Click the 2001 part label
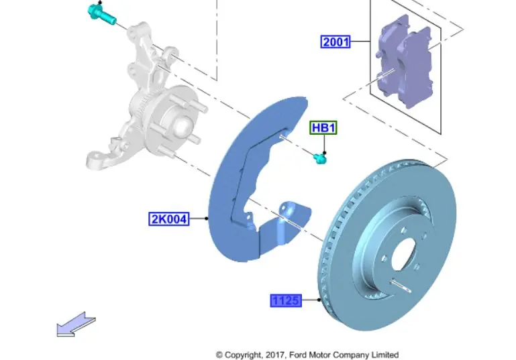click(336, 42)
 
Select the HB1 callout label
click(323, 127)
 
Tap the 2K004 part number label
click(168, 219)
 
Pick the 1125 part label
click(285, 301)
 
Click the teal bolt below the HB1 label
click(320, 158)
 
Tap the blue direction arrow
click(75, 324)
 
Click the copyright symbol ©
click(219, 355)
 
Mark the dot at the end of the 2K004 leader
click(207, 219)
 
